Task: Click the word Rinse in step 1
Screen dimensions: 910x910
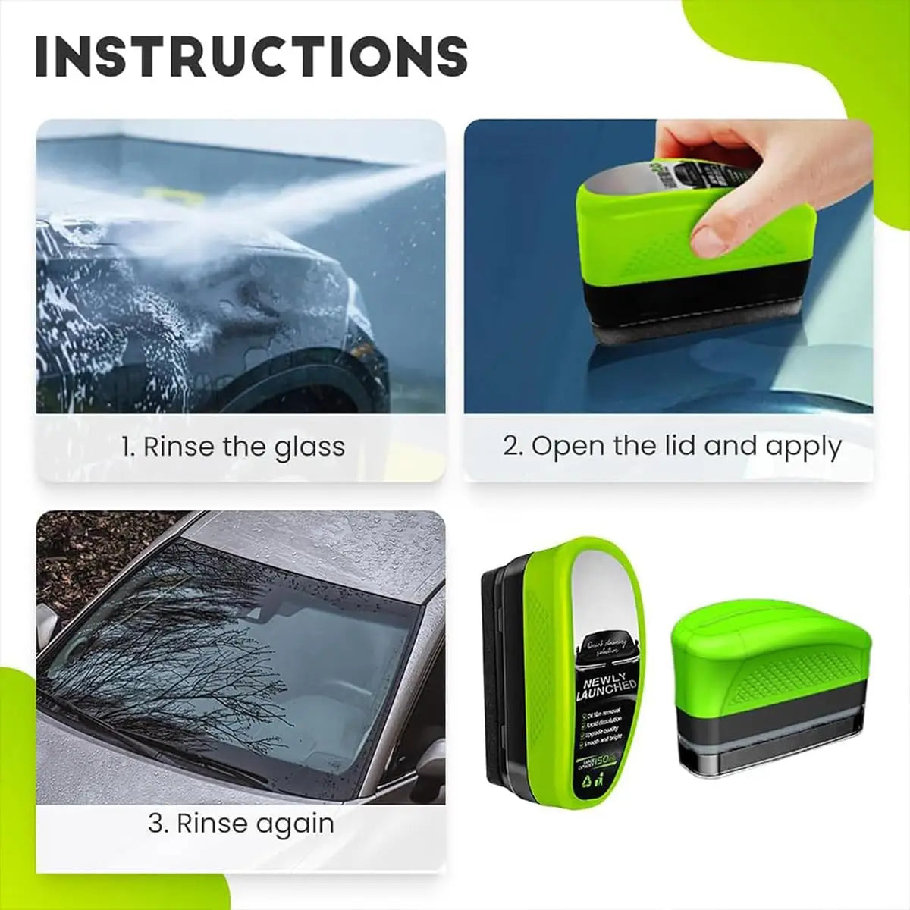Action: (x=178, y=447)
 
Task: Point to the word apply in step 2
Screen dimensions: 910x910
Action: (x=803, y=447)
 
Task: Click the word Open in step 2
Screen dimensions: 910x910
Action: (x=566, y=446)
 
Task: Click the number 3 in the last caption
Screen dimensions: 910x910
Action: (x=156, y=824)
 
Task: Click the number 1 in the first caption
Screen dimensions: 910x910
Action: (x=127, y=447)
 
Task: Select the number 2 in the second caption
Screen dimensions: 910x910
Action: (x=511, y=446)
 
